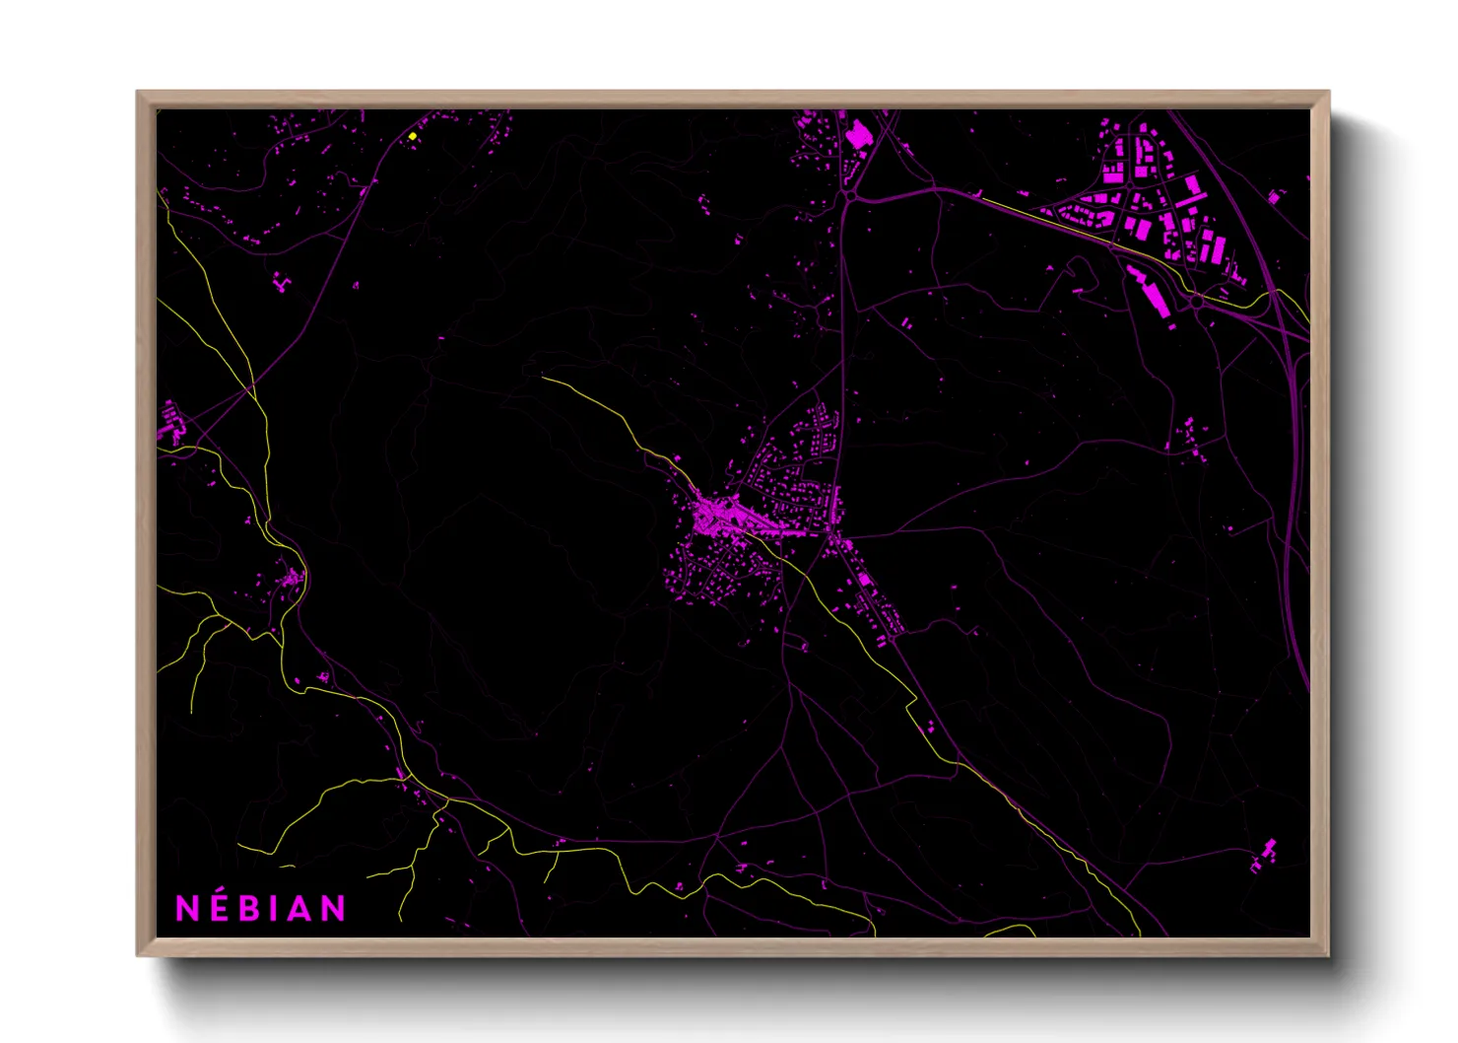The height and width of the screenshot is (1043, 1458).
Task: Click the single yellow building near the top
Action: (x=413, y=136)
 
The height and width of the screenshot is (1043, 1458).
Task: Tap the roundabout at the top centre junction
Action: (x=849, y=196)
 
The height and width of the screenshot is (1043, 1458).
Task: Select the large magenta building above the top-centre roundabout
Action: (x=859, y=134)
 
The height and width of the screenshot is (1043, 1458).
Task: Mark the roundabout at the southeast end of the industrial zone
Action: (x=1196, y=299)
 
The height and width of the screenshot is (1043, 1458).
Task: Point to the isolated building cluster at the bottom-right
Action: (x=1264, y=854)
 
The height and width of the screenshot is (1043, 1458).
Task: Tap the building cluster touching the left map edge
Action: (x=170, y=424)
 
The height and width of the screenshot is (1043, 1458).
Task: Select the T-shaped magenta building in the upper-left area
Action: (x=284, y=283)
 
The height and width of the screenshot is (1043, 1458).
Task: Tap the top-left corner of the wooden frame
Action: (x=139, y=93)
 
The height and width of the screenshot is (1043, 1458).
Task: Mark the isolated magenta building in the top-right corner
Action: (x=1274, y=197)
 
